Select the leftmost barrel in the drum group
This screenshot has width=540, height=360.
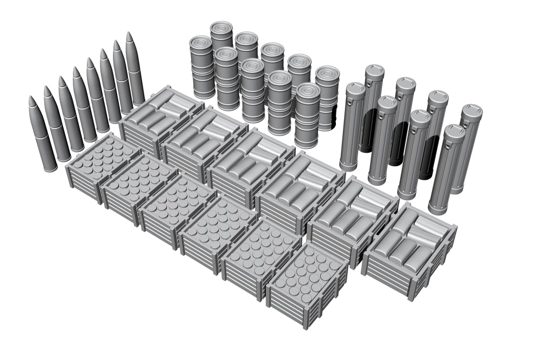[x=202, y=67]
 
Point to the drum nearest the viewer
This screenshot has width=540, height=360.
[x=307, y=116]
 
